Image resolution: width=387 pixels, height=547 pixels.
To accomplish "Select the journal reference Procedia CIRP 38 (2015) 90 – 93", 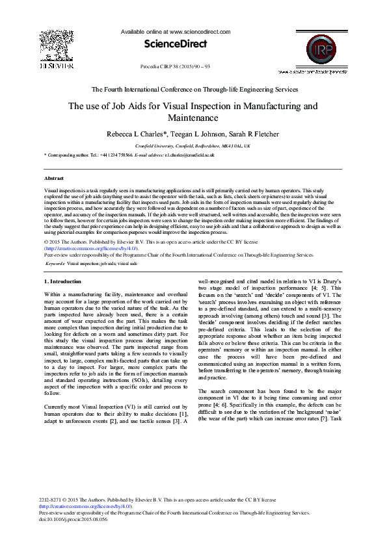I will pyautogui.click(x=175, y=67).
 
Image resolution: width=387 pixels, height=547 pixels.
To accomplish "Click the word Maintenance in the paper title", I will pyautogui.click(x=193, y=118).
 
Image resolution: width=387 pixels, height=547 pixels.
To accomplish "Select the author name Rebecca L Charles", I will pyautogui.click(x=135, y=134).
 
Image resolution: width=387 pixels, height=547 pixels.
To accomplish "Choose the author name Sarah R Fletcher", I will pyautogui.click(x=254, y=134).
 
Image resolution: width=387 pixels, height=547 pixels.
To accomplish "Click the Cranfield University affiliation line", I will pyautogui.click(x=193, y=146).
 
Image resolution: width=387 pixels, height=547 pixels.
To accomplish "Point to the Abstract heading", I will pyautogui.click(x=53, y=177).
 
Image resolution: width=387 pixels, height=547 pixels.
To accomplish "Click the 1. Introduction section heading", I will pyautogui.click(x=62, y=281).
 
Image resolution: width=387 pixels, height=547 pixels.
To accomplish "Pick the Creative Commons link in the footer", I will pyautogui.click(x=87, y=505).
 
